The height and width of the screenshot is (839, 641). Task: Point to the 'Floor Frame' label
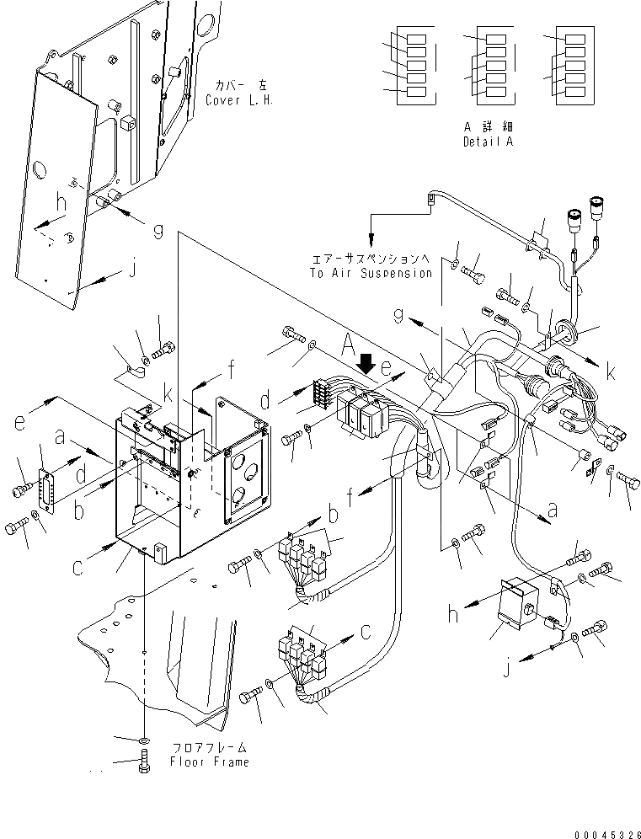coord(211,762)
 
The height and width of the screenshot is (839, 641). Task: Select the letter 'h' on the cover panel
coord(60,203)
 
